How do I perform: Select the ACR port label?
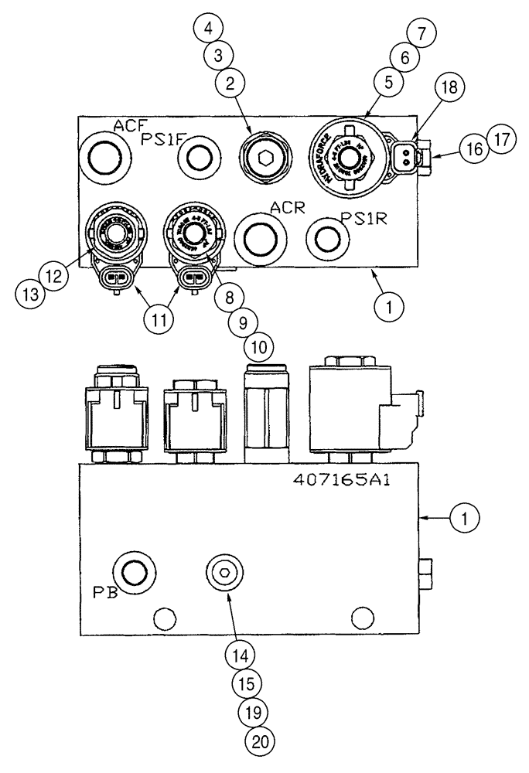coord(285,207)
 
